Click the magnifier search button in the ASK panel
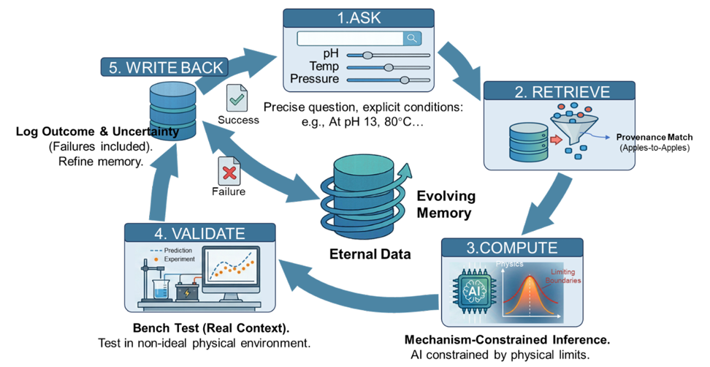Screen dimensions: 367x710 click(413, 39)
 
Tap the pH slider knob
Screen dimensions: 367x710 click(367, 55)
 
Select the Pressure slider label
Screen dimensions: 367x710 click(314, 79)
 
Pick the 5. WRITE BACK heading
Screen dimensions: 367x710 click(163, 68)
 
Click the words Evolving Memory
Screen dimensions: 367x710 click(446, 205)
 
